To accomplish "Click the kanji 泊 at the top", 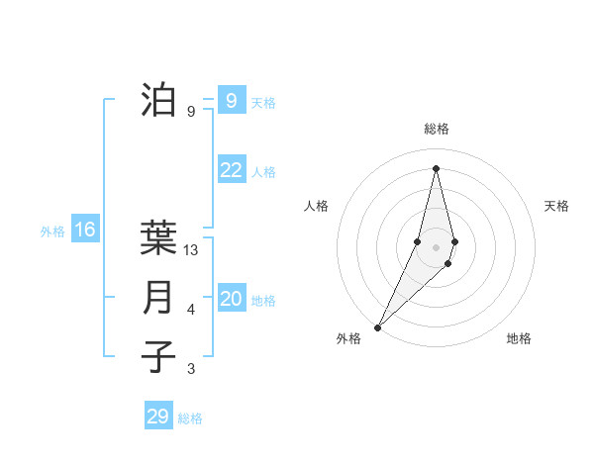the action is pyautogui.click(x=159, y=101).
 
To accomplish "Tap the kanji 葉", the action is pyautogui.click(x=159, y=237).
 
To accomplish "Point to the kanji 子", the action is pyautogui.click(x=159, y=355).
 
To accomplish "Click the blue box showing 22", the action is pyautogui.click(x=231, y=170).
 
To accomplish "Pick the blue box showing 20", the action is pyautogui.click(x=231, y=299).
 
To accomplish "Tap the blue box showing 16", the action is pyautogui.click(x=85, y=231).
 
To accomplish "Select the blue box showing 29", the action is pyautogui.click(x=158, y=417).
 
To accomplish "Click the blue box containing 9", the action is pyautogui.click(x=231, y=100).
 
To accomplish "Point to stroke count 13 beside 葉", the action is pyautogui.click(x=192, y=250).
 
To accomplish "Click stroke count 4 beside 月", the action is pyautogui.click(x=191, y=311).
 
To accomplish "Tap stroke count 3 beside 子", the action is pyautogui.click(x=191, y=369).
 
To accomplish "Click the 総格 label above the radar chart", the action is pyautogui.click(x=437, y=129).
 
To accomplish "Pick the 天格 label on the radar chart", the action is pyautogui.click(x=557, y=206).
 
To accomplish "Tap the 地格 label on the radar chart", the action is pyautogui.click(x=519, y=338).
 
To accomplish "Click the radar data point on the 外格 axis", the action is pyautogui.click(x=378, y=326).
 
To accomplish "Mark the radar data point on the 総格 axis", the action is pyautogui.click(x=437, y=168).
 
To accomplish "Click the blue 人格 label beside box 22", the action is pyautogui.click(x=263, y=172).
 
